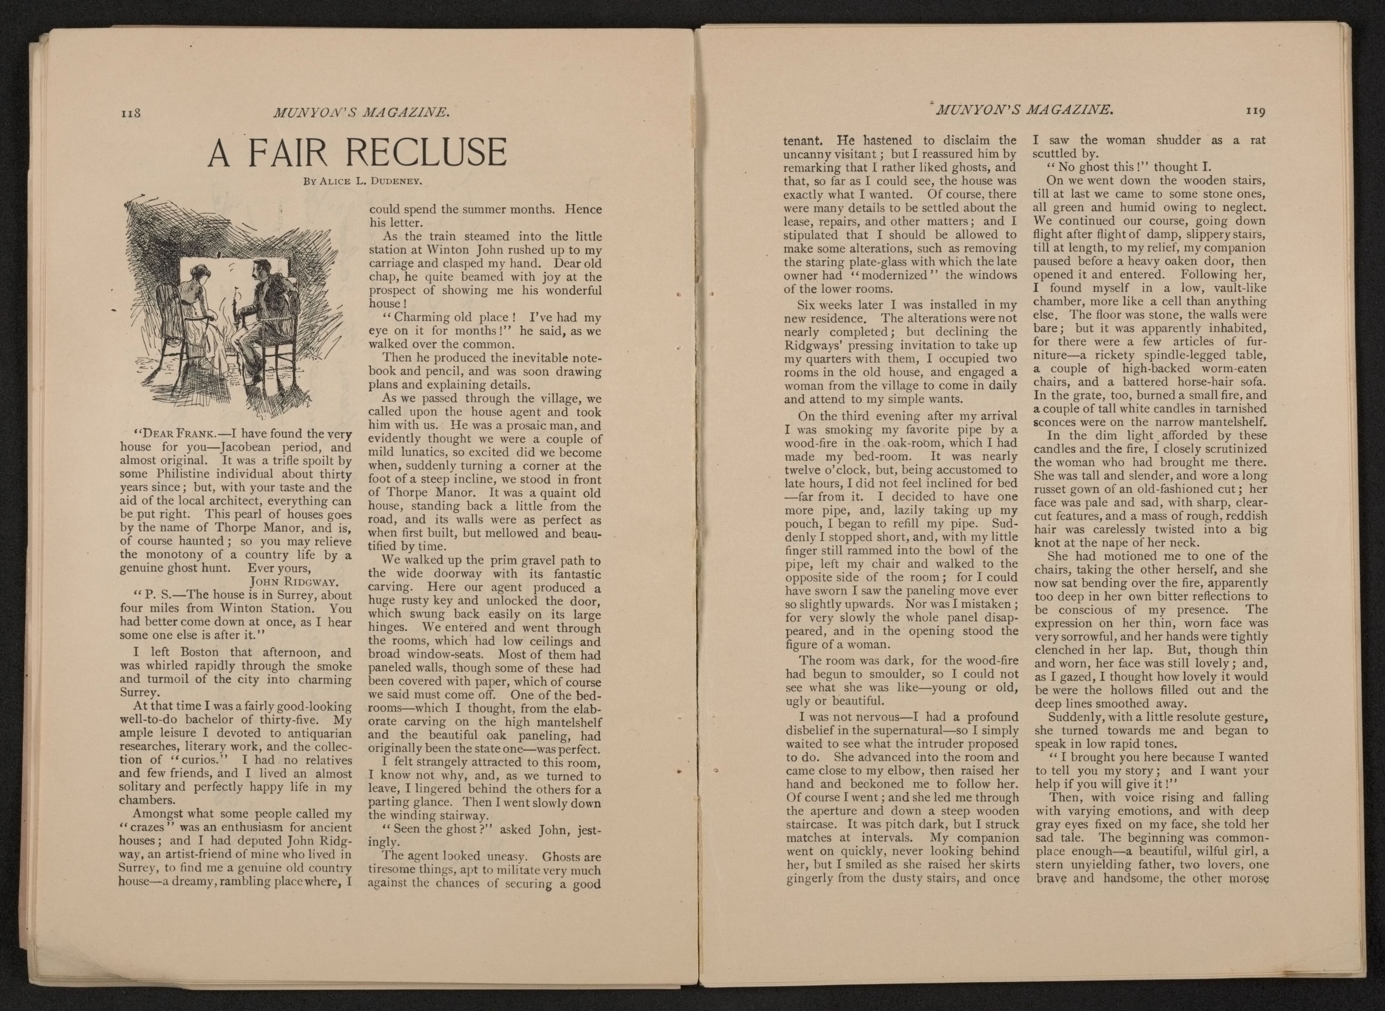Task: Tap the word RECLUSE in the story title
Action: [x=431, y=153]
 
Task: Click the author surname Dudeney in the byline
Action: [x=397, y=181]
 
